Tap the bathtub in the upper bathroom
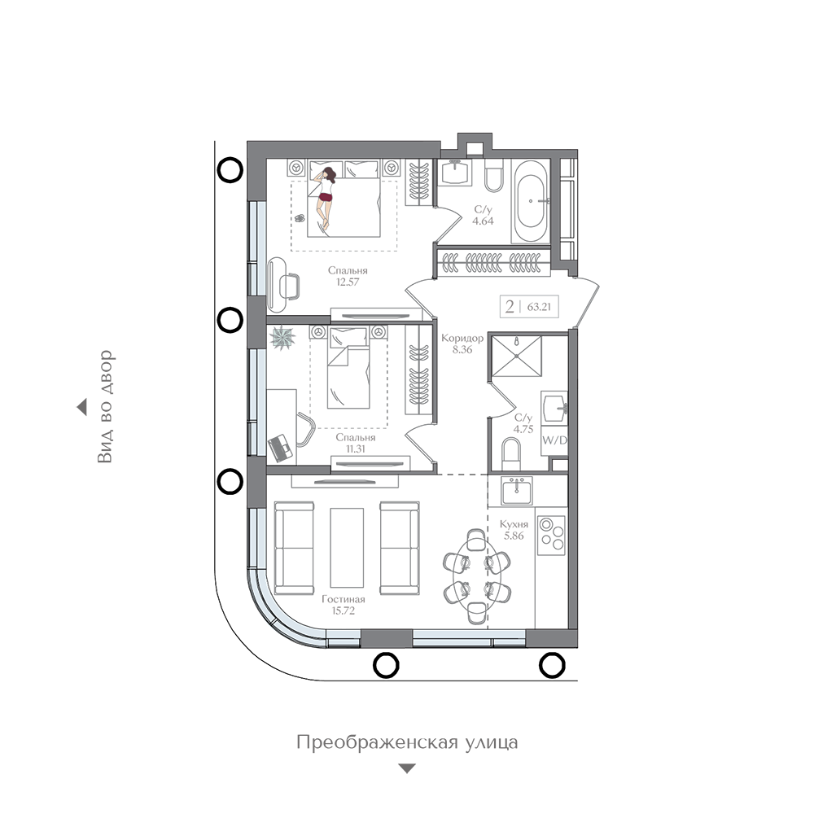pyautogui.click(x=530, y=201)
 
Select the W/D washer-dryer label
pyautogui.click(x=554, y=440)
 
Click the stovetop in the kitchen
pyautogui.click(x=551, y=535)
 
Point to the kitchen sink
pyautogui.click(x=516, y=491)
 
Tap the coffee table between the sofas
pyautogui.click(x=347, y=548)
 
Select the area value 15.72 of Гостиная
pyautogui.click(x=344, y=610)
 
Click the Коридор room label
pyautogui.click(x=462, y=338)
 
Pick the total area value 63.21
pyautogui.click(x=539, y=307)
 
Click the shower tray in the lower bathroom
pyautogui.click(x=517, y=356)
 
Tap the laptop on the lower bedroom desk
pyautogui.click(x=281, y=448)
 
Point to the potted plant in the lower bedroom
pyautogui.click(x=282, y=338)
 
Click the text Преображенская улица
pyautogui.click(x=407, y=742)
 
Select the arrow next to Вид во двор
pyautogui.click(x=81, y=408)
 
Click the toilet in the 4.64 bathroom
pyautogui.click(x=494, y=176)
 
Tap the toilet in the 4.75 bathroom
pyautogui.click(x=511, y=454)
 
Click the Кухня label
pyautogui.click(x=514, y=524)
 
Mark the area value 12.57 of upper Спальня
pyautogui.click(x=348, y=282)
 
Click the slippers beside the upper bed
pyautogui.click(x=300, y=218)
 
